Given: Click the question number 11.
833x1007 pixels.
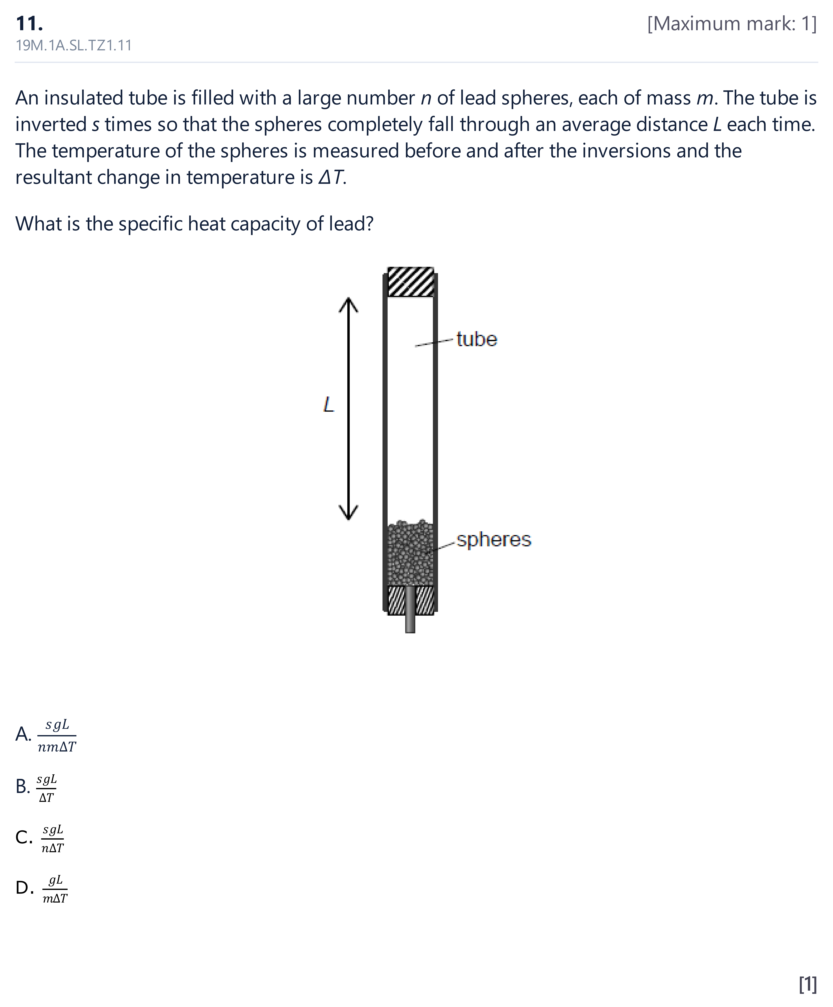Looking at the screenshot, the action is (29, 23).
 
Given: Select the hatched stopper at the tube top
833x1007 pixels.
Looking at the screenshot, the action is (411, 282).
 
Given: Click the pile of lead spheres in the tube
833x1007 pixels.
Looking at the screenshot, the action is (410, 554).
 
